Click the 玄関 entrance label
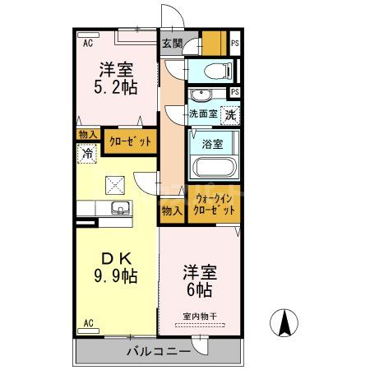[x=172, y=43]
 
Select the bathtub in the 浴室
[x=214, y=168]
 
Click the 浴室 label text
[x=213, y=144]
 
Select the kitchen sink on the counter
[x=115, y=208]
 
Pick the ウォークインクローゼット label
[x=215, y=204]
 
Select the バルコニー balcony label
[x=158, y=352]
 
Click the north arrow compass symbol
[x=284, y=323]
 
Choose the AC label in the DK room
[x=88, y=324]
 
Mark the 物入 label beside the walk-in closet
[x=171, y=210]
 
